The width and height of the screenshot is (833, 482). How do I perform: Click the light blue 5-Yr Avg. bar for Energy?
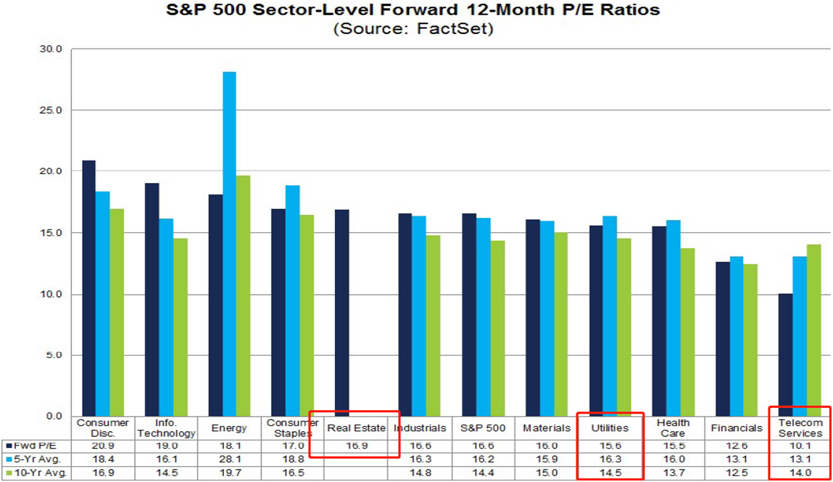coord(229,244)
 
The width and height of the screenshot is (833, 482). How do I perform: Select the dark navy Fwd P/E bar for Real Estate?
coord(341,313)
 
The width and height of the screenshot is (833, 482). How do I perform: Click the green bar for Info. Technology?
coord(180,327)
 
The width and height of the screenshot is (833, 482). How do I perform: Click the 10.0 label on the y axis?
coord(54,295)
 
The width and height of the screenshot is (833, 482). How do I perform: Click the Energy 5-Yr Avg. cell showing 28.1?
coord(229,459)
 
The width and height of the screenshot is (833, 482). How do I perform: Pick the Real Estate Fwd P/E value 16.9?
coord(355,445)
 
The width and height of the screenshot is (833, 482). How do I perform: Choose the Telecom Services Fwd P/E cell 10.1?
coord(800,445)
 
